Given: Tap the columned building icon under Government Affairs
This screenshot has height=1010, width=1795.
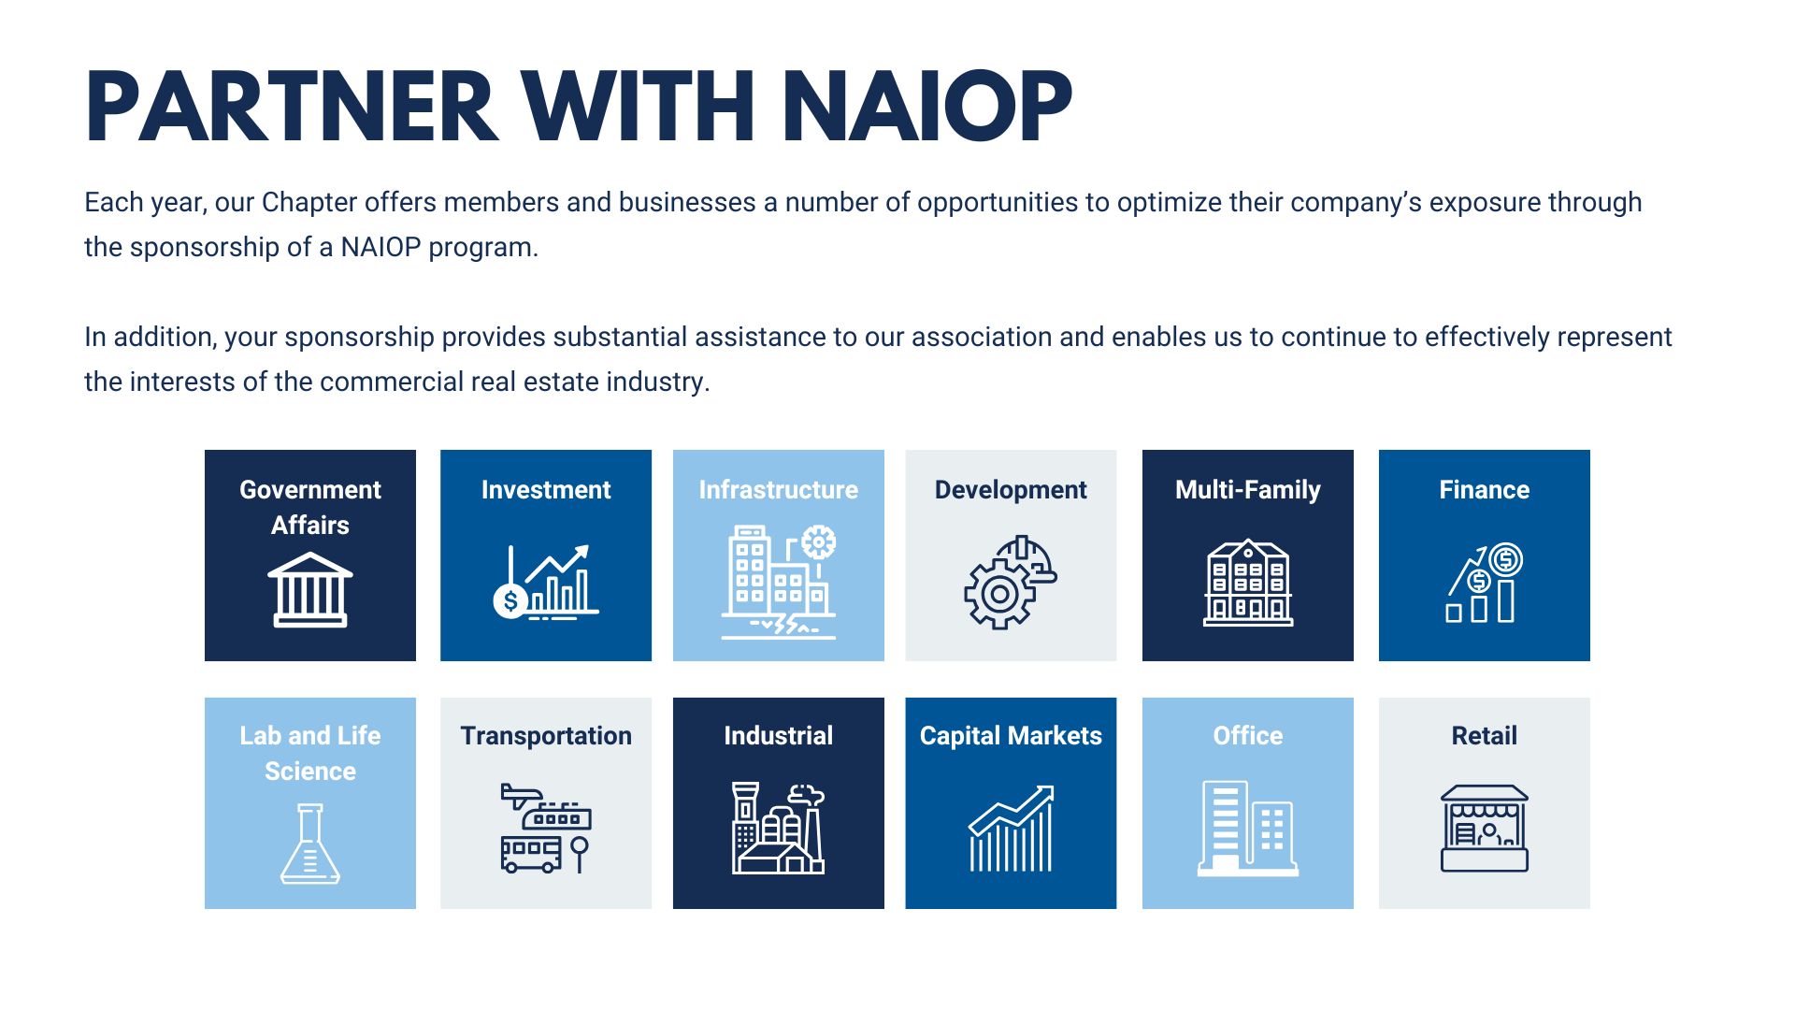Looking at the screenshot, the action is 310,589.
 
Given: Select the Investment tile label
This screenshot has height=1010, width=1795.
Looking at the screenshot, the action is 546,490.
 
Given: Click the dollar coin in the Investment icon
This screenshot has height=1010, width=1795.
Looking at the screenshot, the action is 510,600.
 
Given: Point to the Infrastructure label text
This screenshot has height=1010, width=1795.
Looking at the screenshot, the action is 779,490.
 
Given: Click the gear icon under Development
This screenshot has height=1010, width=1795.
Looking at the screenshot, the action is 1010,584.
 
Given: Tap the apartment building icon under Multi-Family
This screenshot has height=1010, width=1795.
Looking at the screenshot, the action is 1248,582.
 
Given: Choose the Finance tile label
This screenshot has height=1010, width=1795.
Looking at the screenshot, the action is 1485,490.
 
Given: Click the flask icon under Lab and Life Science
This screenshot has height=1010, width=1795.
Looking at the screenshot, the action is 310,844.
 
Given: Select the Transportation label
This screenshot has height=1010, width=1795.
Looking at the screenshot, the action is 546,736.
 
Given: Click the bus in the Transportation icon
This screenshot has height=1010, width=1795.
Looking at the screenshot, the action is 531,853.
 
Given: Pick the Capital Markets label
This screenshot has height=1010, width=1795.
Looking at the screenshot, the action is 1011,736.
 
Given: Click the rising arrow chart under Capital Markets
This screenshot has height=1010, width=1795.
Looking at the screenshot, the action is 1012,829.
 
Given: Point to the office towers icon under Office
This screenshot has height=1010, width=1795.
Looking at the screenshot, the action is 1248,829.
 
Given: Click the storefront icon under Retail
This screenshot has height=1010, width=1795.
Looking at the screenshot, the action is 1485,829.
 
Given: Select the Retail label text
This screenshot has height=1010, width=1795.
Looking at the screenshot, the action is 1485,736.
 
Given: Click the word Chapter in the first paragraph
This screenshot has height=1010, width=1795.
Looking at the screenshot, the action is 309,203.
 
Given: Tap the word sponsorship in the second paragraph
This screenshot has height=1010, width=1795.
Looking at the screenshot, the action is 360,338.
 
